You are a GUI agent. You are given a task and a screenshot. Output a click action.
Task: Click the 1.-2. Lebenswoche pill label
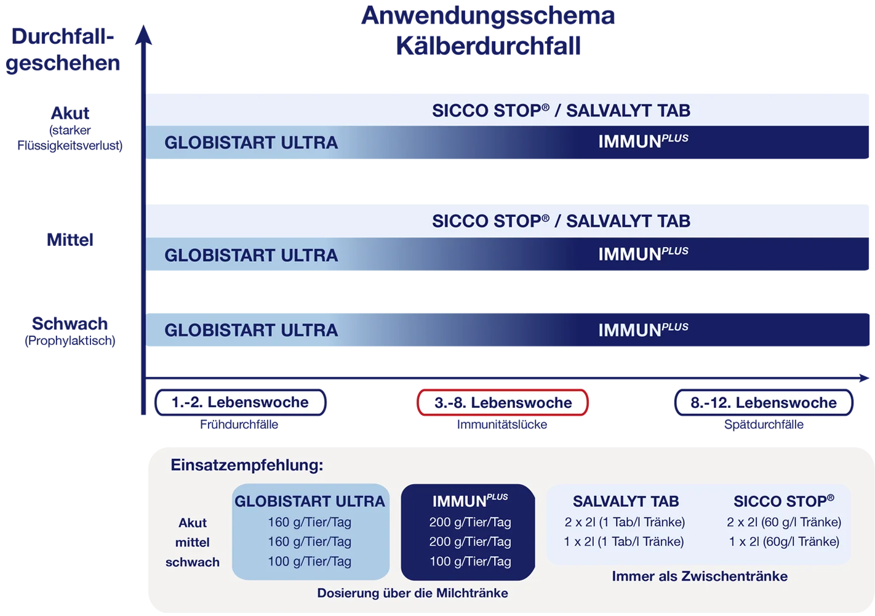[240, 402]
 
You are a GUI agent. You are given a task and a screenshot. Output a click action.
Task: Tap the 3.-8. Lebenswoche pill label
[503, 403]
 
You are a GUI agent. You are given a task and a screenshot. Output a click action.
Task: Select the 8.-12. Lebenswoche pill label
[763, 403]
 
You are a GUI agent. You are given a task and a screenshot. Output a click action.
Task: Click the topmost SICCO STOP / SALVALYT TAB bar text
[561, 111]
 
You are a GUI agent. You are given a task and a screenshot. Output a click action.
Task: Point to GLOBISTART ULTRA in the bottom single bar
[251, 330]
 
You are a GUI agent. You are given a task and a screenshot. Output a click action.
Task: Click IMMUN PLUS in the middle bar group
[643, 254]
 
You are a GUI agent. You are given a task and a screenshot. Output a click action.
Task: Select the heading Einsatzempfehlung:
[247, 465]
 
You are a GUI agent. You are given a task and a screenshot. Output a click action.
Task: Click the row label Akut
[193, 523]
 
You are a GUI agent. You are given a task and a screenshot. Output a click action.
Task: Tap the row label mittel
[193, 543]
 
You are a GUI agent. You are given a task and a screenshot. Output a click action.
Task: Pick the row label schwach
[193, 562]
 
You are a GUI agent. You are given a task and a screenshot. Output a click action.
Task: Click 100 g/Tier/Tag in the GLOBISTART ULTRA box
[310, 561]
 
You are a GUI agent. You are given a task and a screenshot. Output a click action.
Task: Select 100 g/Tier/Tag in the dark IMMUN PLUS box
[470, 561]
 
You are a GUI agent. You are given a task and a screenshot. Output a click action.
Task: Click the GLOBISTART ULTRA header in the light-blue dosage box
[310, 501]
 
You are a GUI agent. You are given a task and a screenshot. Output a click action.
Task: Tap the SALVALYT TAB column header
[626, 501]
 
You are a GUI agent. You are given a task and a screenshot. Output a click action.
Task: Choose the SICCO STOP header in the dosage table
[783, 501]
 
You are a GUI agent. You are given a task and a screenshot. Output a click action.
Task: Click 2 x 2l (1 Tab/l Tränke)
[625, 522]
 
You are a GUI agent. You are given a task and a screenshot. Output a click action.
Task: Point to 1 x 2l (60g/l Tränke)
[784, 541]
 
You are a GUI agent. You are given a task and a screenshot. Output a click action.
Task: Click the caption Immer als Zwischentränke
[700, 577]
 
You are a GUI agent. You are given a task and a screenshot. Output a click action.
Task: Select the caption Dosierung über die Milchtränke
[412, 593]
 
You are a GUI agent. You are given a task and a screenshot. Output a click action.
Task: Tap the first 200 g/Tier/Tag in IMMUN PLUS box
[470, 522]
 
